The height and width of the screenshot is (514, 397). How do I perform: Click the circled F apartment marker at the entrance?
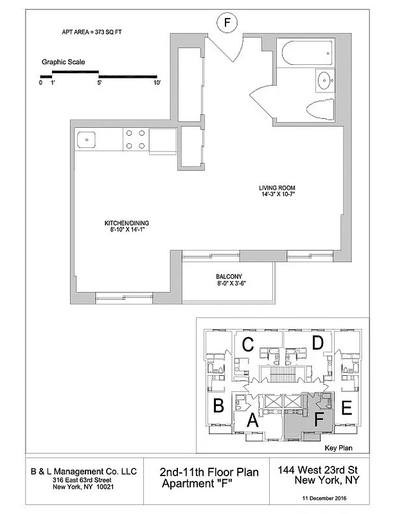coord(226,23)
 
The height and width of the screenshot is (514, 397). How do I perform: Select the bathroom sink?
coord(323,82)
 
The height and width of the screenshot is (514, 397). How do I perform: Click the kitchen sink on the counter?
coord(87,139)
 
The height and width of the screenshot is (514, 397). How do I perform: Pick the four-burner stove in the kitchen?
coord(134,139)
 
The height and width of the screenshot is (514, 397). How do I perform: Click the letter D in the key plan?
coord(317,344)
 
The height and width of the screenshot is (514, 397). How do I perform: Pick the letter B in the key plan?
coord(218,405)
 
